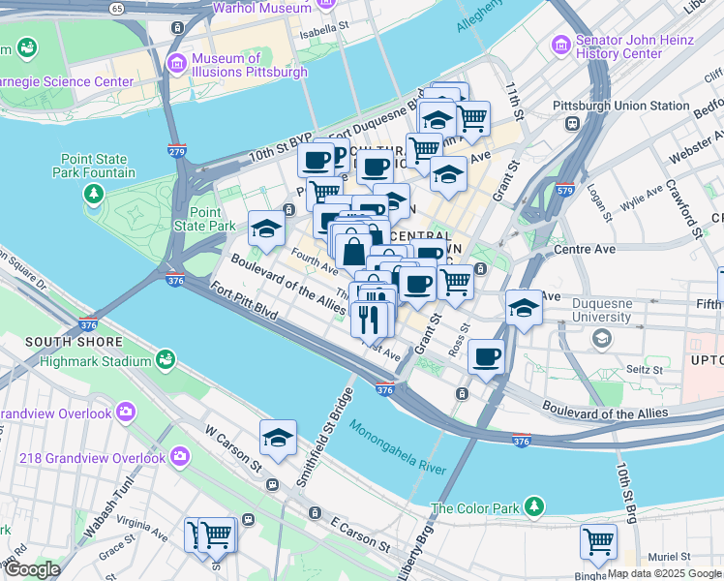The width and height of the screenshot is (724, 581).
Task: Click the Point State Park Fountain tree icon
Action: point(94,194)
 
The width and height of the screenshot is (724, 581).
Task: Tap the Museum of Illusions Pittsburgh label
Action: point(249,65)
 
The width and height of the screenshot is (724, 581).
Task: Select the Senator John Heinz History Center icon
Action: point(560,46)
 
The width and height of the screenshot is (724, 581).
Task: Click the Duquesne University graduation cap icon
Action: point(602,337)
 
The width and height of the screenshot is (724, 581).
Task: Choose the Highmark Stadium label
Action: point(96,361)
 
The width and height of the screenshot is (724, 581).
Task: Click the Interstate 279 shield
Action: point(176,151)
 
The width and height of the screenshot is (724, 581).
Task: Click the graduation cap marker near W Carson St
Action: point(278,438)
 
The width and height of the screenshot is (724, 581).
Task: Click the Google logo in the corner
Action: point(31,569)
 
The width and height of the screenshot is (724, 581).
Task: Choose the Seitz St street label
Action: point(643,369)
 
